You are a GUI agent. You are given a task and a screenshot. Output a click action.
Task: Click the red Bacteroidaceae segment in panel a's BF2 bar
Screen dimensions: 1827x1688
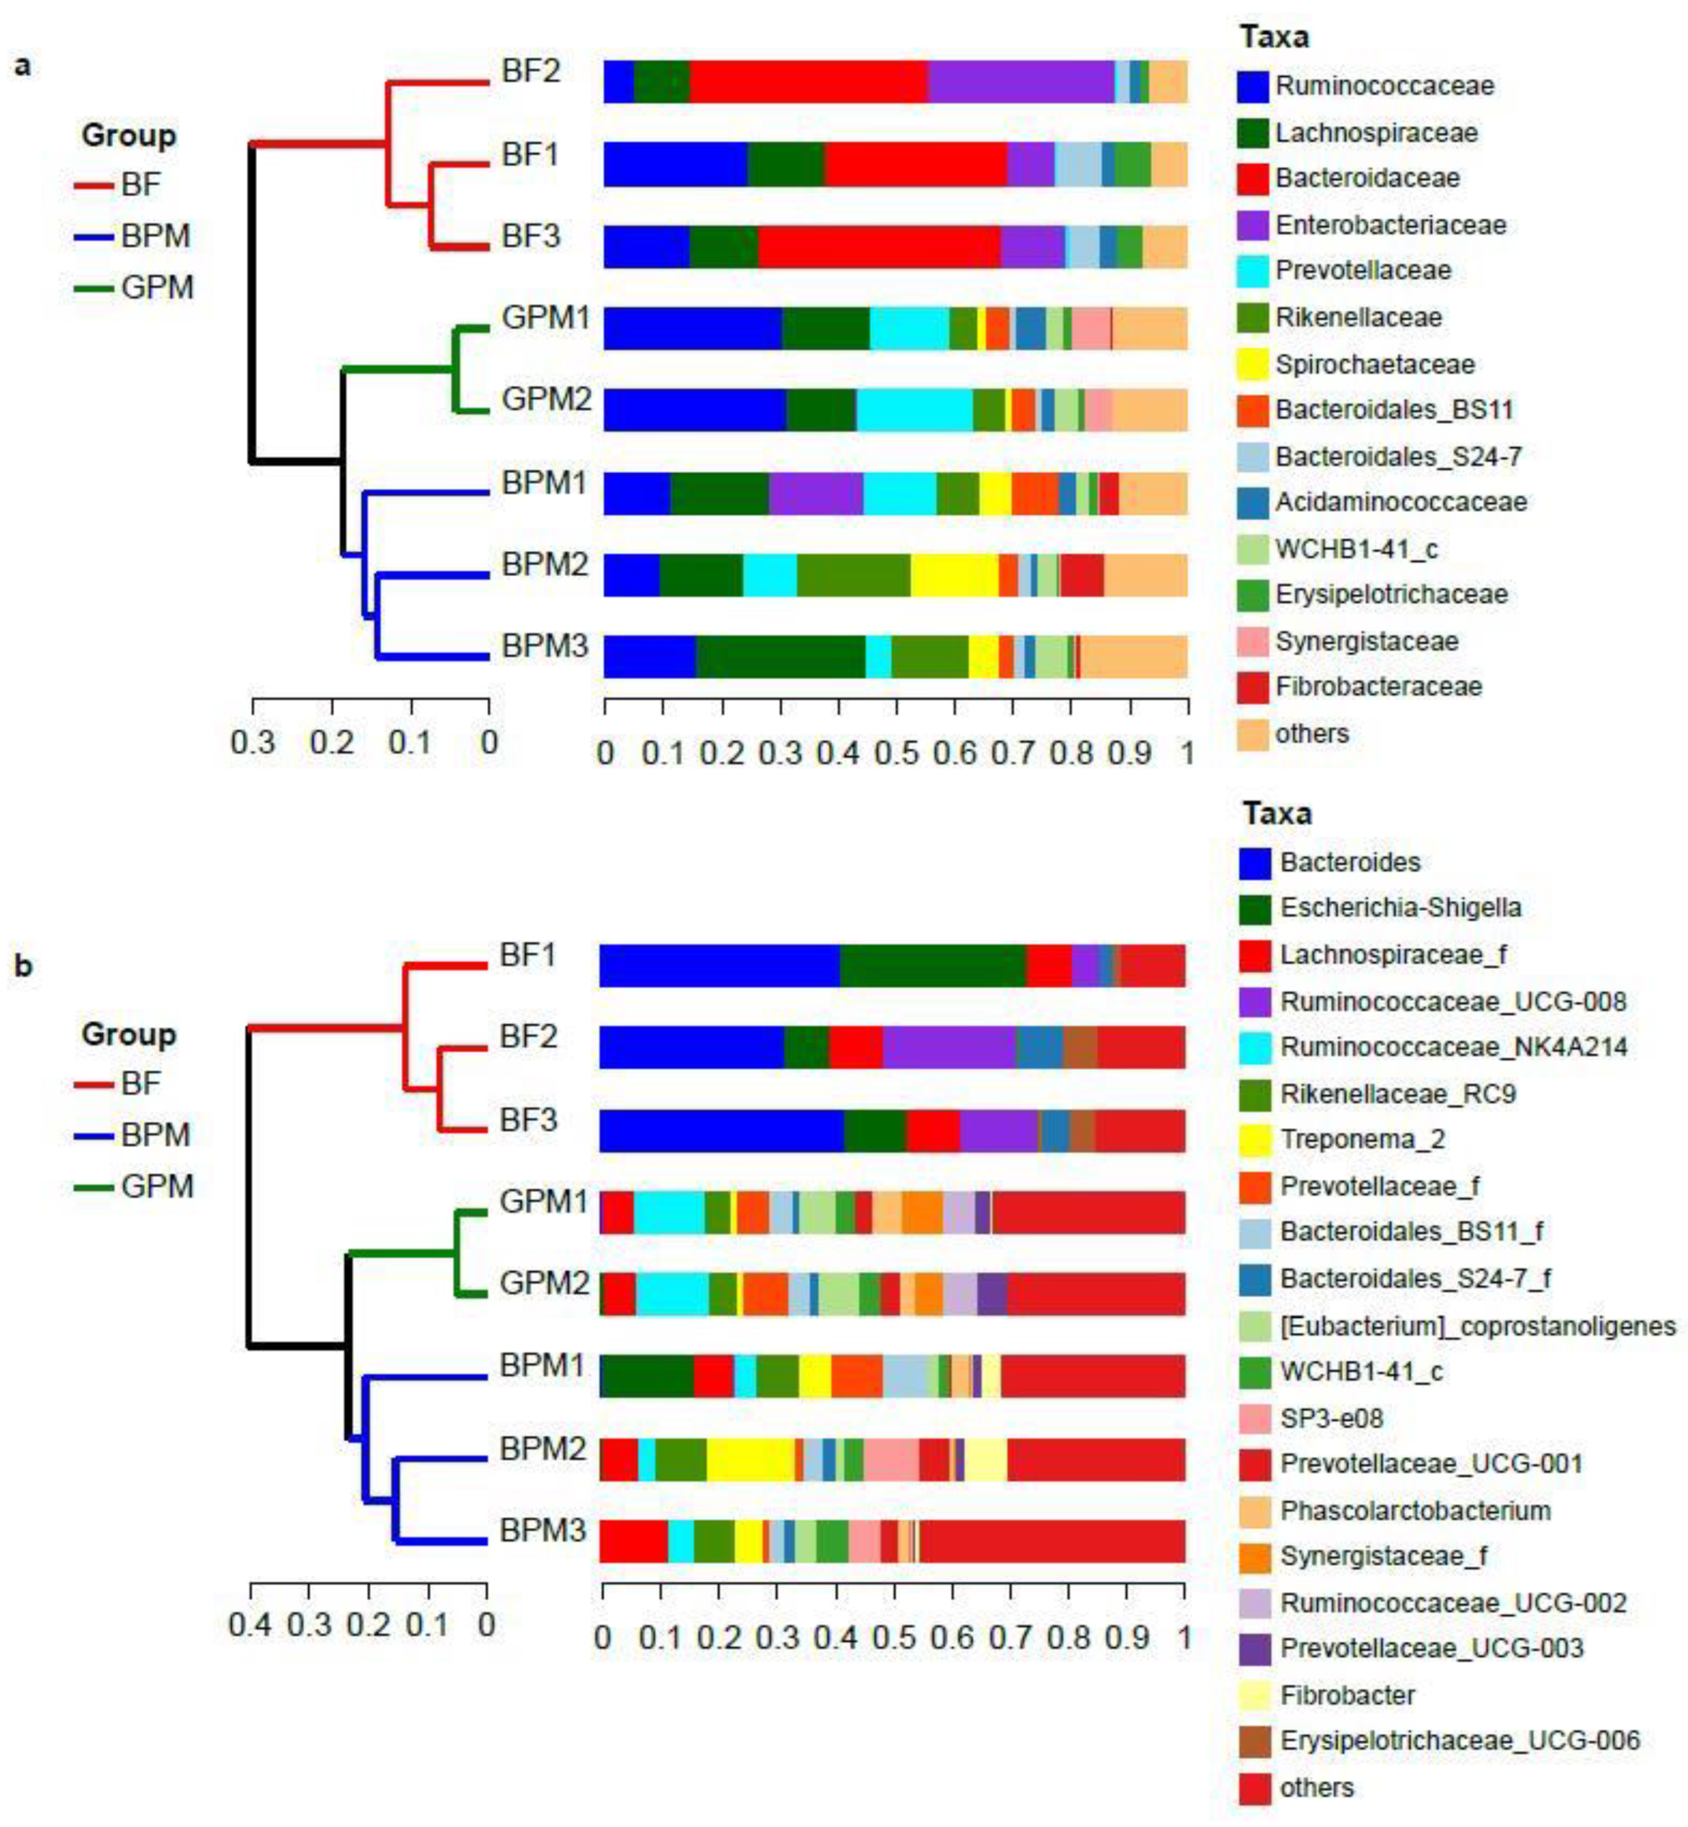click(809, 82)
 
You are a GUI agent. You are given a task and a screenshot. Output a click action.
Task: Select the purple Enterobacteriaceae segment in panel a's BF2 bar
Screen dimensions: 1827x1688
click(1020, 82)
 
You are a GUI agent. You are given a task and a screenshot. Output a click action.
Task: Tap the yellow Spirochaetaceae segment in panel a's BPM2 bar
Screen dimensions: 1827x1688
click(954, 574)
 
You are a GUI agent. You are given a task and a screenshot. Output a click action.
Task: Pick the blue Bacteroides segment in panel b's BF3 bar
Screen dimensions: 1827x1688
click(720, 1130)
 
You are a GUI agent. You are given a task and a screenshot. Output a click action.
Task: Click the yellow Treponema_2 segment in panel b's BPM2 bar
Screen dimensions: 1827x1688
click(750, 1459)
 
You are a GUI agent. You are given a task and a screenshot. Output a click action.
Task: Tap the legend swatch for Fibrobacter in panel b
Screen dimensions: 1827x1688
click(1254, 1695)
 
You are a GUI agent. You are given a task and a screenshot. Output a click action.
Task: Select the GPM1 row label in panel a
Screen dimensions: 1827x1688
click(545, 319)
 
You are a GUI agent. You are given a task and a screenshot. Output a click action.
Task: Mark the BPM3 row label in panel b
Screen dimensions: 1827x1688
click(542, 1530)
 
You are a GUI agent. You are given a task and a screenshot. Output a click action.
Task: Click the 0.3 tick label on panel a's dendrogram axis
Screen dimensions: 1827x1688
click(252, 742)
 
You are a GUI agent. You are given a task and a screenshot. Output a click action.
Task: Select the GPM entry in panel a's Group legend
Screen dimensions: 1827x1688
click(156, 288)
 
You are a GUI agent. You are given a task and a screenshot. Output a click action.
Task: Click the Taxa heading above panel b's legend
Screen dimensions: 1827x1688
click(1276, 813)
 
